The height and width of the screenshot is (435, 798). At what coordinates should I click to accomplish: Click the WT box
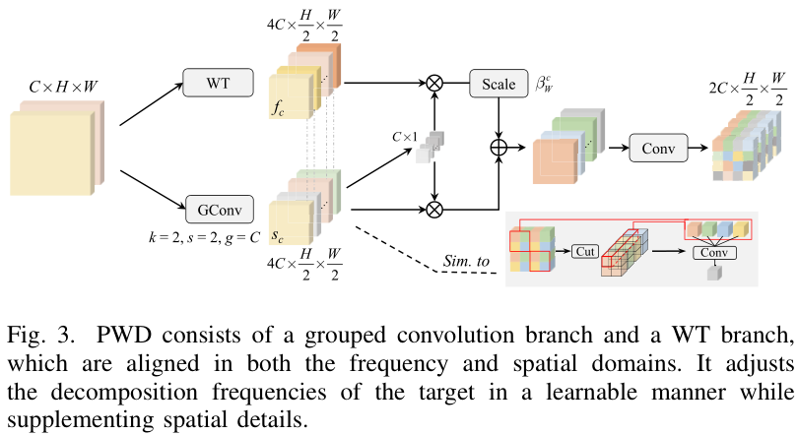[218, 83]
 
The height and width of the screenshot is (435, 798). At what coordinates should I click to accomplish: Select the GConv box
[220, 210]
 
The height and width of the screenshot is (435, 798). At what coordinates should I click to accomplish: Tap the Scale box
[499, 84]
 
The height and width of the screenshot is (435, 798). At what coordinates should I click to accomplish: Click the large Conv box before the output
[658, 148]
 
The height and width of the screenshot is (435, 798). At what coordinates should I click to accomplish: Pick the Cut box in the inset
[584, 252]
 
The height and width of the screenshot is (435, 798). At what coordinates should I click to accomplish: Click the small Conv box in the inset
[714, 253]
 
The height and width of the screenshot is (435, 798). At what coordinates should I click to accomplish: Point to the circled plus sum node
[499, 148]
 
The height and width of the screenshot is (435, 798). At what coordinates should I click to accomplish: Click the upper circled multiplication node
[434, 83]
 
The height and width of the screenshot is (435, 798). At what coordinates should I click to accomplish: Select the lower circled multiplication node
[434, 210]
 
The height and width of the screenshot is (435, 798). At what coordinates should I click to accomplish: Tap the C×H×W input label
[63, 87]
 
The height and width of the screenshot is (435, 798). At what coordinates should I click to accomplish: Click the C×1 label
[405, 137]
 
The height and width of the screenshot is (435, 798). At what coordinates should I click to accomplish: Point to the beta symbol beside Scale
[544, 84]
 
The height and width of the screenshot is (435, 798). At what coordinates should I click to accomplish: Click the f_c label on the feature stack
[278, 107]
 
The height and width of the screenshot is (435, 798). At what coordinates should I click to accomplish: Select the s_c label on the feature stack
[278, 235]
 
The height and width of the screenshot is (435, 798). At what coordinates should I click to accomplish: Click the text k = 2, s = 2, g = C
[204, 237]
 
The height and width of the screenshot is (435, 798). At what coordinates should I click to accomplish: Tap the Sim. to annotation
[466, 261]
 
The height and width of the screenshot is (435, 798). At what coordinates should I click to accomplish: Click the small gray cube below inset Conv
[714, 274]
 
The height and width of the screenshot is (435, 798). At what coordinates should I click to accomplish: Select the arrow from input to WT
[151, 104]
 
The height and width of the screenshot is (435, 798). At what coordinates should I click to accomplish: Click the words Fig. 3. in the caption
[40, 336]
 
